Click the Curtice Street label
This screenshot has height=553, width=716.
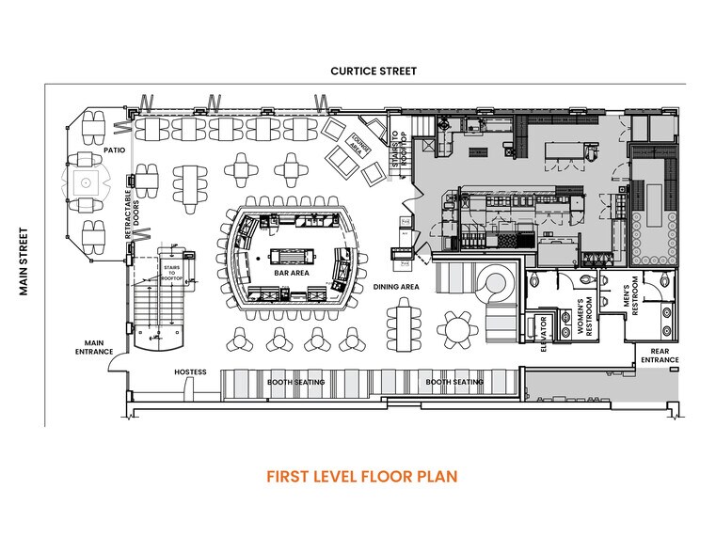point(373,71)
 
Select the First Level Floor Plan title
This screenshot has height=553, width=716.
point(361,476)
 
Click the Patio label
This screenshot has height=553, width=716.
point(89,150)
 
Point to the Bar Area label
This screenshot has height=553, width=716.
point(292,274)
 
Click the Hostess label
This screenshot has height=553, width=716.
point(190,371)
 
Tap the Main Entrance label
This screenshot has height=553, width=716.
point(94,348)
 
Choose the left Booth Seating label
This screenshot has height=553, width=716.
point(295,383)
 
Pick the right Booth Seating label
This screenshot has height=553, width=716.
point(454,383)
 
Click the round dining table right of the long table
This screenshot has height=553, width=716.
point(457,327)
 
